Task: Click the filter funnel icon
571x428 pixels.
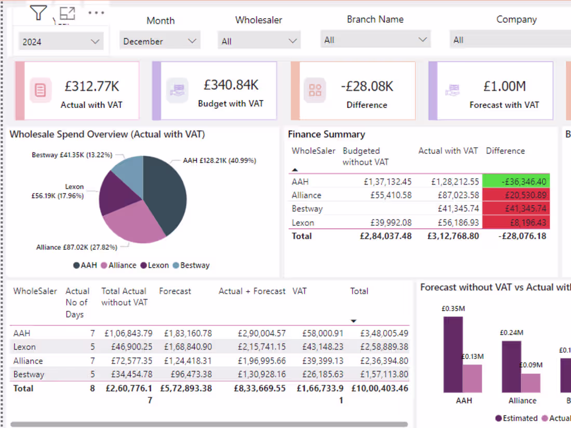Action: tap(38, 12)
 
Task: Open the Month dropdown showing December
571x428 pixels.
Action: tap(160, 41)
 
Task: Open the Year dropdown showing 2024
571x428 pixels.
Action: tap(61, 42)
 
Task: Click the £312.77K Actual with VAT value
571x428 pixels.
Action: tap(91, 86)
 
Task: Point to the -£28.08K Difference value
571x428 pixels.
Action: tap(366, 86)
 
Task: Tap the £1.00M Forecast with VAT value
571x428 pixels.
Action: tap(504, 86)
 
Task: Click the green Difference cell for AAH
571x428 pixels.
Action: tap(515, 182)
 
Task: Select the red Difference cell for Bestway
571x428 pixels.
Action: tap(515, 209)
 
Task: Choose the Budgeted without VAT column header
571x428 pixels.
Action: tap(365, 156)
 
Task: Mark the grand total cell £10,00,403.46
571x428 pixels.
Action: tap(379, 388)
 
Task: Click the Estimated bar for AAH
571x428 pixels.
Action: tap(453, 354)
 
